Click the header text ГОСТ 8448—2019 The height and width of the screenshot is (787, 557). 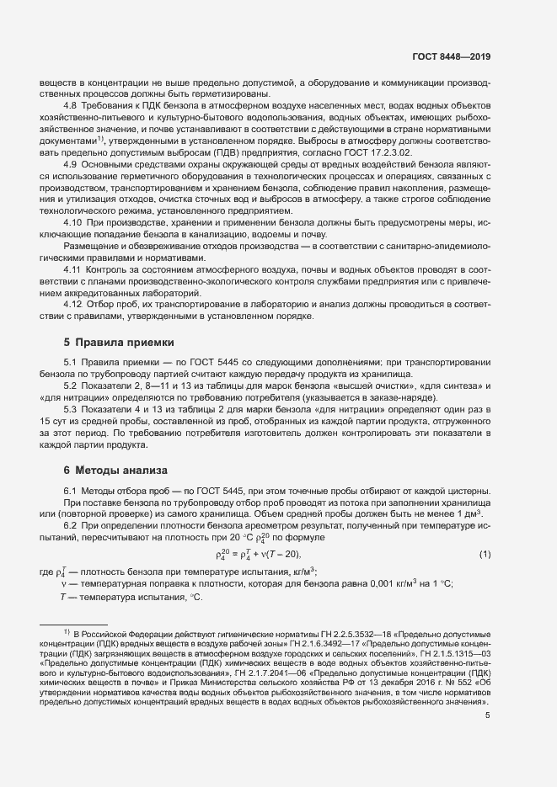(x=451, y=56)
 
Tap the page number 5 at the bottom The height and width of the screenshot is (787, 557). (x=487, y=739)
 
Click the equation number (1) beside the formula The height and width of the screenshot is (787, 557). (x=485, y=553)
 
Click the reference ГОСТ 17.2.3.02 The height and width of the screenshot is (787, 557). (x=395, y=152)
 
